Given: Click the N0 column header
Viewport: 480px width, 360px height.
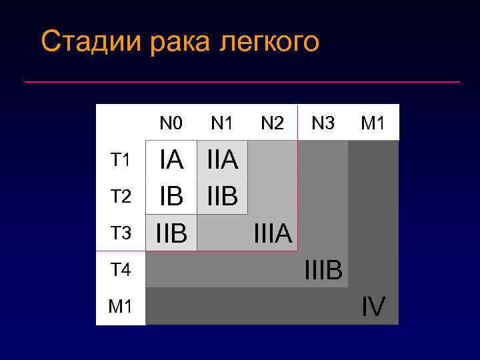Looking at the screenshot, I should click(171, 123).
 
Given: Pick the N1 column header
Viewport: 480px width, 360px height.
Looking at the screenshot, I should click(222, 123).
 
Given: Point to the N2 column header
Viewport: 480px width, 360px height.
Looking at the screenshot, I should click(273, 123).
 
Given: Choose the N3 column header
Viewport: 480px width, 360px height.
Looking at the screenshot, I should click(323, 123).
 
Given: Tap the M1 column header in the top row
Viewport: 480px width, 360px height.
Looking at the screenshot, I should click(373, 123).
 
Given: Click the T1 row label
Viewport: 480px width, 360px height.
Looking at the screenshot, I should click(121, 160).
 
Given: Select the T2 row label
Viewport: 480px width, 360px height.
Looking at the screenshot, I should click(121, 196).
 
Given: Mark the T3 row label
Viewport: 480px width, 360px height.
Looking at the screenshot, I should click(121, 233).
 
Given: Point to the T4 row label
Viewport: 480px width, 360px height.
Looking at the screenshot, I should click(121, 269).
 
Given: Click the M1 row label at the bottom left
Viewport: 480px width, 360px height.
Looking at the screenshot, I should click(121, 307).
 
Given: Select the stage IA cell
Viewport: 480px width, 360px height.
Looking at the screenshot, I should click(171, 160).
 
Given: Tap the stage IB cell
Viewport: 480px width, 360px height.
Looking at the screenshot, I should click(171, 196).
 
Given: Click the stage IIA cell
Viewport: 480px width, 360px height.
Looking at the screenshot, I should click(222, 160).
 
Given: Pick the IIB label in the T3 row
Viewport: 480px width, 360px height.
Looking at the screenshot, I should click(171, 233).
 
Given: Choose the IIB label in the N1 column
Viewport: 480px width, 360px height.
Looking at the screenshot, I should click(222, 196).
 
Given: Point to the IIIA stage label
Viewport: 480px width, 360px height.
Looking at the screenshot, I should click(272, 233).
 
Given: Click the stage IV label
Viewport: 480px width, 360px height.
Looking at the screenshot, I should click(373, 307).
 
